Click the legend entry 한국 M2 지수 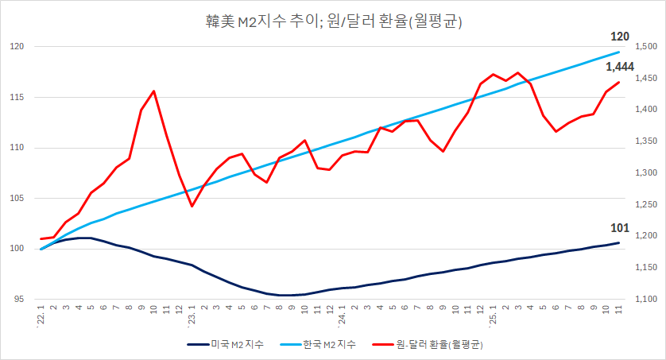point(322,344)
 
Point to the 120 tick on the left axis point(18,47)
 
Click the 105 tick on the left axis point(18,199)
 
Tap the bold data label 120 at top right point(620,37)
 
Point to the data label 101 point(620,229)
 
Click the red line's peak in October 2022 point(153,91)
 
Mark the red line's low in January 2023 point(192,207)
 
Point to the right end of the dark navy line point(619,242)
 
